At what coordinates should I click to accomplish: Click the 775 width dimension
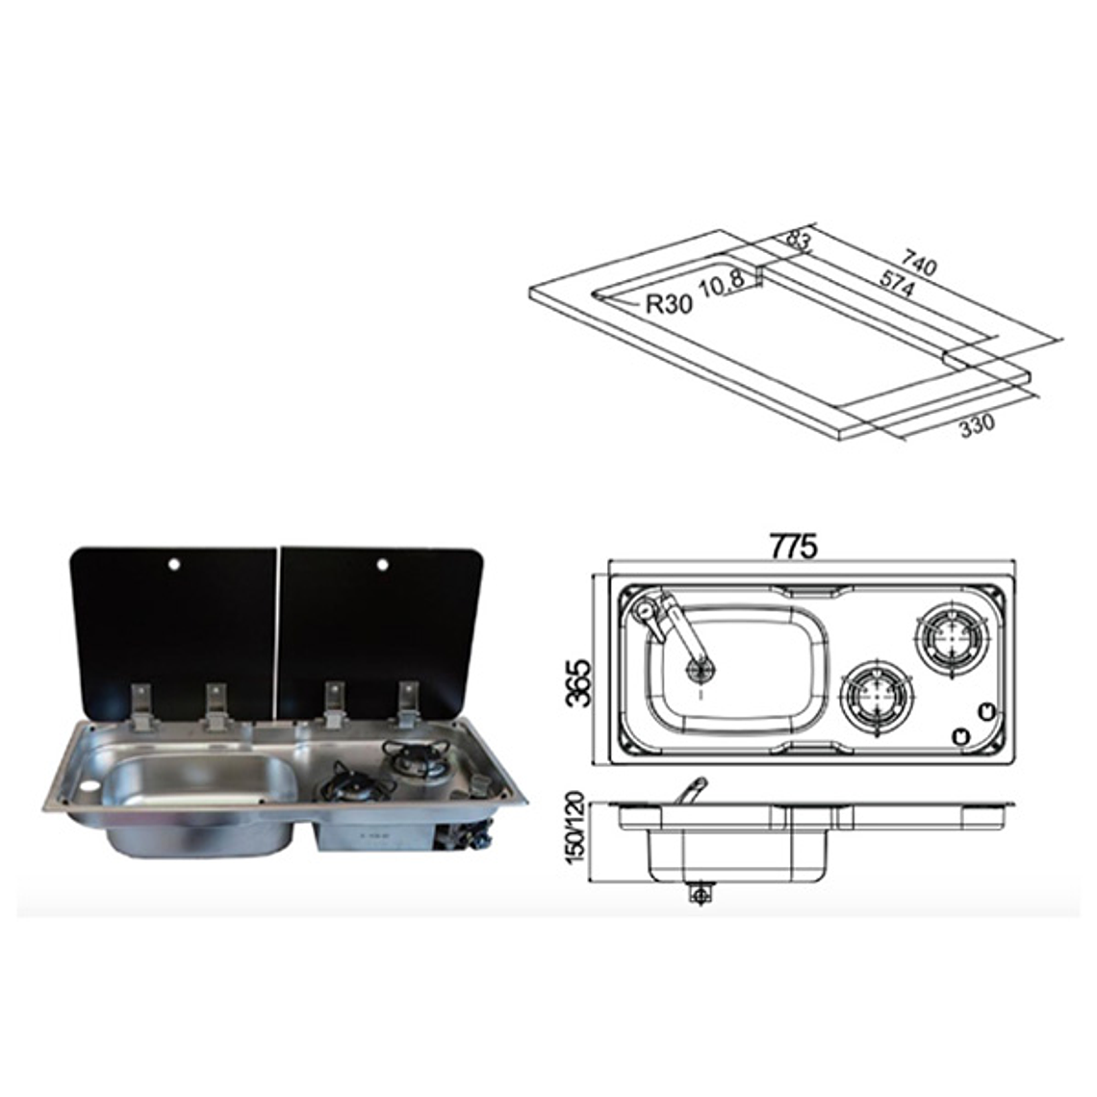pos(794,547)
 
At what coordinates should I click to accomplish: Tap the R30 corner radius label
pos(668,305)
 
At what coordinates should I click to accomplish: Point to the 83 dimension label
pos(798,241)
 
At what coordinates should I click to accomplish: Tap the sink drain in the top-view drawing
pos(698,671)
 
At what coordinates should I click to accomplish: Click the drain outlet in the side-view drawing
pos(695,894)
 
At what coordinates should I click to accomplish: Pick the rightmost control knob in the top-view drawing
pos(983,712)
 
